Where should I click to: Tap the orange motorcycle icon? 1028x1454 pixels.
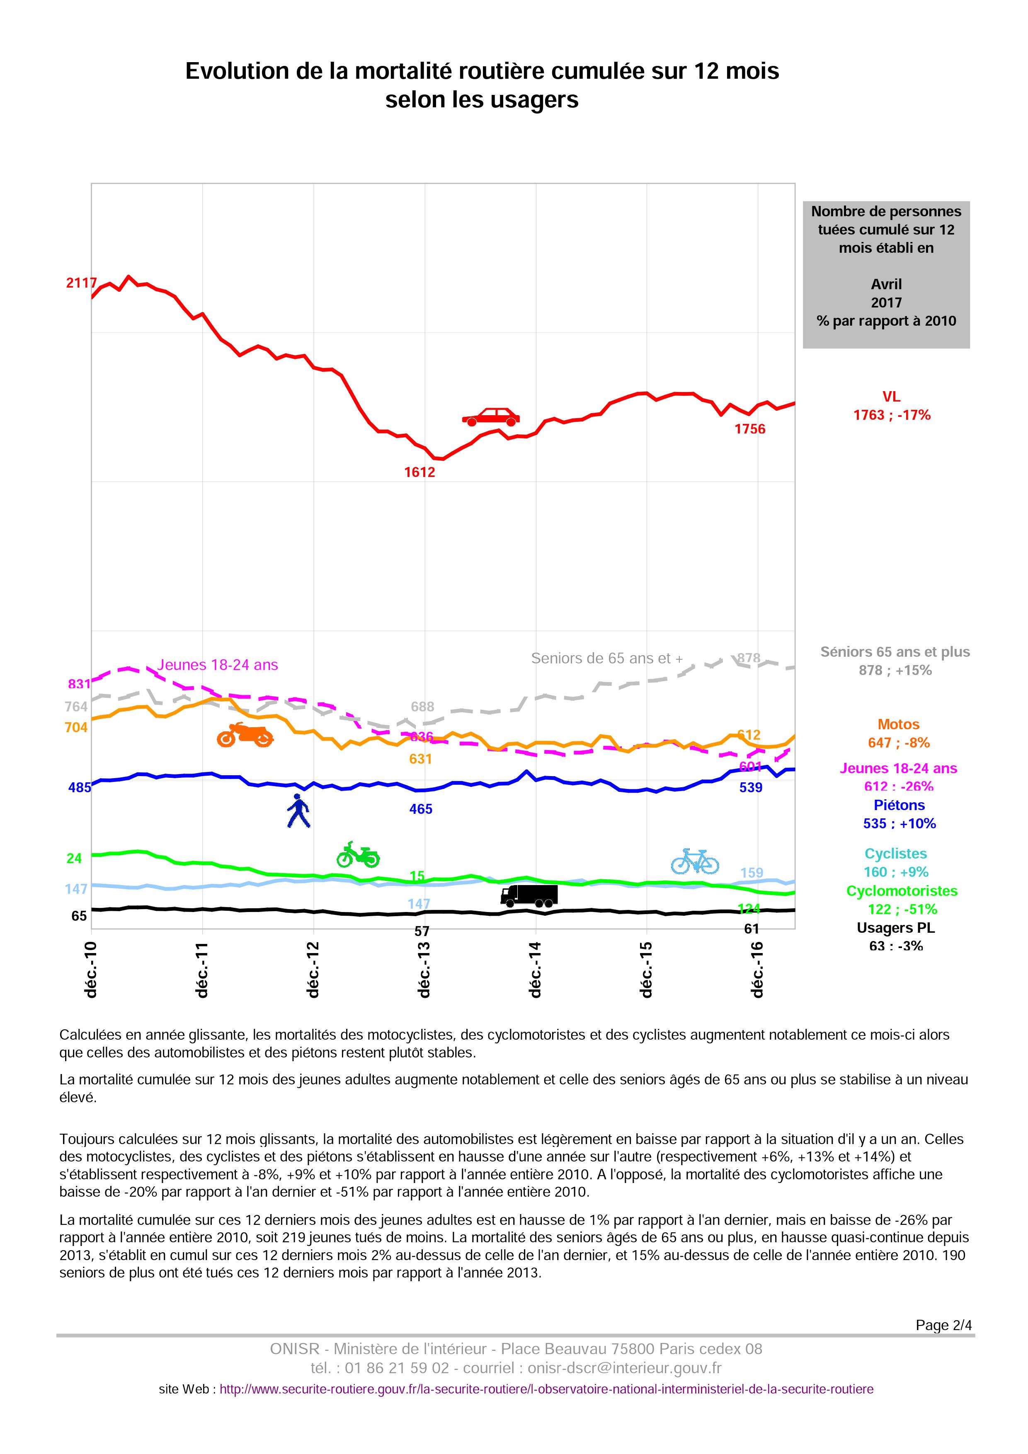[x=245, y=735]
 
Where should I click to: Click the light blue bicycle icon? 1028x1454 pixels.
[x=695, y=861]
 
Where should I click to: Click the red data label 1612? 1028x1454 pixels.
[x=420, y=472]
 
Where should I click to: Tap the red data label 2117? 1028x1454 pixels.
[x=82, y=283]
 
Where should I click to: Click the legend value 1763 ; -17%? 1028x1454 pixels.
[x=892, y=416]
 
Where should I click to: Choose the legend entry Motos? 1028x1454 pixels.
[x=898, y=724]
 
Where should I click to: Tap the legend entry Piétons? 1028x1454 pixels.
[x=899, y=806]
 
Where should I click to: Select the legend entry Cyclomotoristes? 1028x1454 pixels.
[x=902, y=891]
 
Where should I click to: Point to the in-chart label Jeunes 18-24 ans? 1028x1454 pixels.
[x=218, y=665]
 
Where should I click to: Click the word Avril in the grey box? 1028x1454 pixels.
[x=886, y=284]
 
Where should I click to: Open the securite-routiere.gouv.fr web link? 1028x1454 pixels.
[x=547, y=1389]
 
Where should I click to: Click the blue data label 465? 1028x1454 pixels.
[x=421, y=809]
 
